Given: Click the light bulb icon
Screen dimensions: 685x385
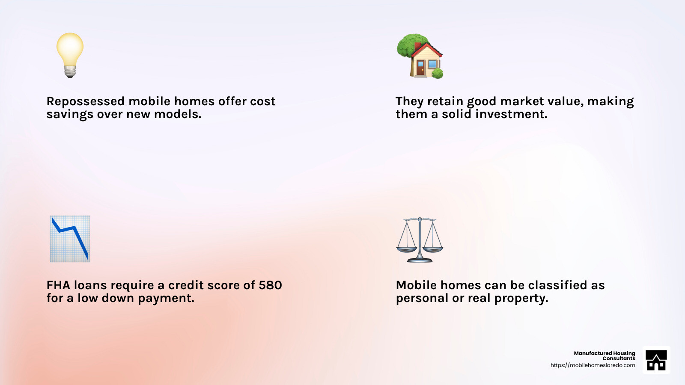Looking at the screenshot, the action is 70,55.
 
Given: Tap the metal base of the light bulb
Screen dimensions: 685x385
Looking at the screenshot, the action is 70,71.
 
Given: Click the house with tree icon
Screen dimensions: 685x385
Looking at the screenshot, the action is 420,56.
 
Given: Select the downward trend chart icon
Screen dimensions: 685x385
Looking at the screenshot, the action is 70,239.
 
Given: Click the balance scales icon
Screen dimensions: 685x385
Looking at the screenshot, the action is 420,240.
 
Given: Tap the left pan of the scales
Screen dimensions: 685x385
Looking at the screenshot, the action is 406,249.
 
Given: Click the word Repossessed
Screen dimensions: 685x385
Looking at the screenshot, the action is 85,102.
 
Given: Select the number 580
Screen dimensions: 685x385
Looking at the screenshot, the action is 270,285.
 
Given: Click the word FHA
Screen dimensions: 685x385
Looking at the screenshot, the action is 58,285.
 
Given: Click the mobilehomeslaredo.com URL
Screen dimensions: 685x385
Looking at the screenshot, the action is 593,365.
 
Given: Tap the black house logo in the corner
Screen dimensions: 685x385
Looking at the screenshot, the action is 656,360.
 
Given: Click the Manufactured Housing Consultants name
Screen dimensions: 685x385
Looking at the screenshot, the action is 604,355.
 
